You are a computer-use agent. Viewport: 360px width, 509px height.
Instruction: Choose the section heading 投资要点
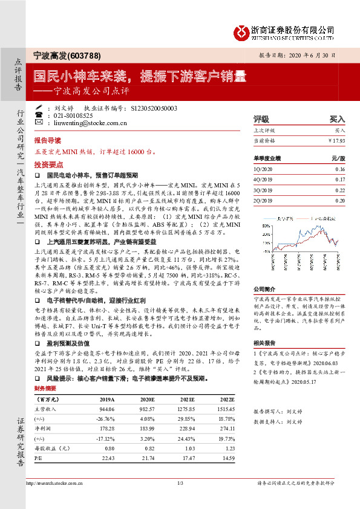(x=48, y=164)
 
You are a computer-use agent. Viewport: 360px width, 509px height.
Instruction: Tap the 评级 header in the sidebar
(x=261, y=120)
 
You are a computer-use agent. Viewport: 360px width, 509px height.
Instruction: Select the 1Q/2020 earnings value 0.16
(x=339, y=170)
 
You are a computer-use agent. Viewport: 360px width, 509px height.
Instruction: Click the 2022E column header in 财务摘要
(x=225, y=400)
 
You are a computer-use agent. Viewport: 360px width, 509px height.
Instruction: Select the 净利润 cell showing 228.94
(x=186, y=427)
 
